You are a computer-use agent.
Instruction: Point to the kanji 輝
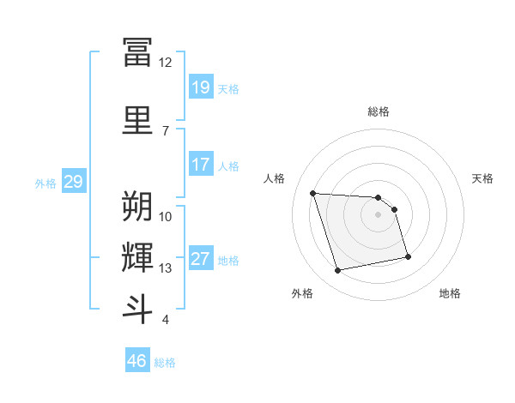137,257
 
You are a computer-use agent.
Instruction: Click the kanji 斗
137,309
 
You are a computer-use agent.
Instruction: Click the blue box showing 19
200,87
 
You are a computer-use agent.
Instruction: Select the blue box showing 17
200,165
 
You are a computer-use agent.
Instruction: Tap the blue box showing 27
200,259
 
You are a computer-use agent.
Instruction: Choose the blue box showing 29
73,182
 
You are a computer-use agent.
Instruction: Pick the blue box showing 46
137,361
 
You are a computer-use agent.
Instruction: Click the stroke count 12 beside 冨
165,62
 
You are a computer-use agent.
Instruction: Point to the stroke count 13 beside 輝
165,268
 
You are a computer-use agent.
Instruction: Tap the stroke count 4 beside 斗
165,320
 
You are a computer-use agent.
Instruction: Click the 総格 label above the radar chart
379,111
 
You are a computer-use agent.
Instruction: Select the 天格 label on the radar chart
482,178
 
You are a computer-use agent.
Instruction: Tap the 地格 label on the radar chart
450,293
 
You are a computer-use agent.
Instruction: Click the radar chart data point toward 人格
313,193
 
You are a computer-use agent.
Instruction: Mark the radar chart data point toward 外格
338,271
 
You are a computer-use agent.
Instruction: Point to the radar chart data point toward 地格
408,256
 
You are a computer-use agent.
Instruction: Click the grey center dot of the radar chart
379,214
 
